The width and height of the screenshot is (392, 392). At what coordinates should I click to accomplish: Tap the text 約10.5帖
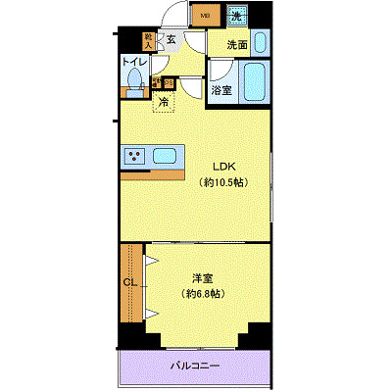click(222, 182)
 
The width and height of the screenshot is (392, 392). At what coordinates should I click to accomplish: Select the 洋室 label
click(204, 276)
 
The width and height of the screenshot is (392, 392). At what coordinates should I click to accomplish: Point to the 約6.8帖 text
click(204, 293)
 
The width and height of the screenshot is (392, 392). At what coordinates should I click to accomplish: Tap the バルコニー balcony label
click(194, 366)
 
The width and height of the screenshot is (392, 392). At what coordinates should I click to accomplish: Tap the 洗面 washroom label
click(236, 44)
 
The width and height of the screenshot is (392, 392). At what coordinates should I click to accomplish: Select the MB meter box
click(206, 15)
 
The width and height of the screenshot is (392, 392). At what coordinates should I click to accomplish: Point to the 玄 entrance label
click(171, 40)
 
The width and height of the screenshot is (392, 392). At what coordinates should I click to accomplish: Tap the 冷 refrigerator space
click(164, 101)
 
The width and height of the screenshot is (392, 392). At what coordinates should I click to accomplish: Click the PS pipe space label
click(169, 83)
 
